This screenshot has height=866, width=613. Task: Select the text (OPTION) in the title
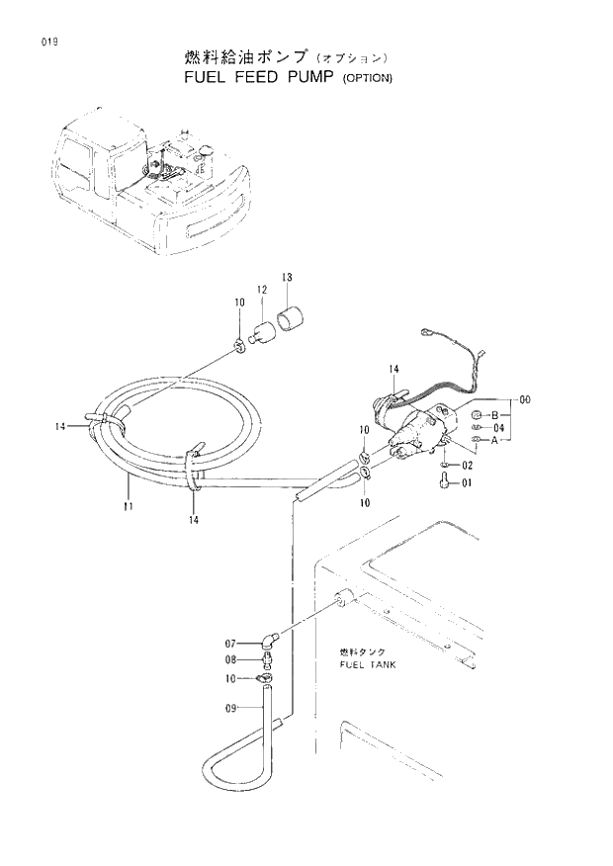pos(367,78)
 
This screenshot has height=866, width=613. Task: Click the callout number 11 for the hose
pos(128,505)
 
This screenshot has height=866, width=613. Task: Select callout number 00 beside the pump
pos(525,400)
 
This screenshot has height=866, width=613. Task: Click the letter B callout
pos(493,414)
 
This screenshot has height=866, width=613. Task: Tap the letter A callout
pos(493,440)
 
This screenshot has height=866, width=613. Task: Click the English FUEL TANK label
pos(367,665)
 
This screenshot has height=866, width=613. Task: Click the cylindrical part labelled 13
pos(293,320)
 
